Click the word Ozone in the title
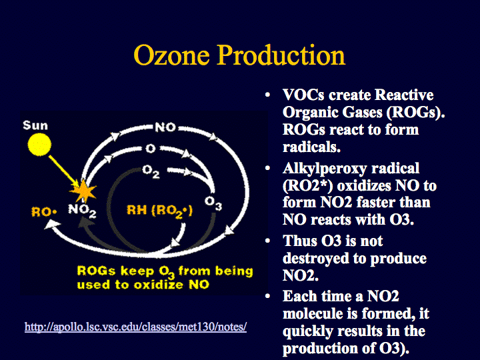coord(171,55)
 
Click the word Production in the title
coord(281,55)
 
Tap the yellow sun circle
coord(39,145)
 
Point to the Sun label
coord(35,125)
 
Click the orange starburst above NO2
coord(83,191)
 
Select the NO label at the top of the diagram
coord(165,127)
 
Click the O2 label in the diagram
coord(151,171)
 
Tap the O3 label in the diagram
coord(213,203)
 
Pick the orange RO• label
coord(44,211)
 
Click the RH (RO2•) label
coord(159,211)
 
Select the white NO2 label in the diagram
coord(82,211)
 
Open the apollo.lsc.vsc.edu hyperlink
coord(135,327)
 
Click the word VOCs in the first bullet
coord(303,95)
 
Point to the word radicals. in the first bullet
coord(311,147)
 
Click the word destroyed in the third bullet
coord(316,259)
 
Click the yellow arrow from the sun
coord(64,171)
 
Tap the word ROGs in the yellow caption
coord(97,271)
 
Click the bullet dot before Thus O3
coord(267,241)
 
